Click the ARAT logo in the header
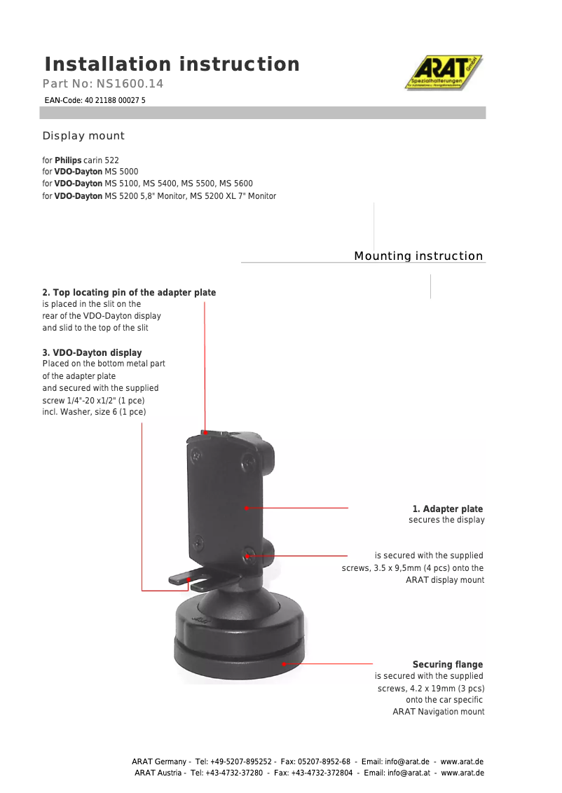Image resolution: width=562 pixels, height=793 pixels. [x=444, y=73]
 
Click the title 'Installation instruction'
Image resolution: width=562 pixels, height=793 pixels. [x=172, y=64]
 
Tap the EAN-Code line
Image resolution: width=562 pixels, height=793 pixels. [x=95, y=100]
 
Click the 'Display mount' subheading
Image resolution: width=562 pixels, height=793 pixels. [x=83, y=136]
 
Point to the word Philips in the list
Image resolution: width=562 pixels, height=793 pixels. [x=68, y=160]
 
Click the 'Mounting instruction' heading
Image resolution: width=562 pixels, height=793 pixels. [x=418, y=256]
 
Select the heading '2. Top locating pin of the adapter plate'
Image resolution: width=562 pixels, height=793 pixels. [x=129, y=293]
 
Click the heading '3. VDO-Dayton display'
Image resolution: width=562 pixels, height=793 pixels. [x=92, y=353]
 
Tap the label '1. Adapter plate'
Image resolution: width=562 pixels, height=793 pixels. [x=447, y=509]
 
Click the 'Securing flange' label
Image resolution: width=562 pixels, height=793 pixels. [x=447, y=665]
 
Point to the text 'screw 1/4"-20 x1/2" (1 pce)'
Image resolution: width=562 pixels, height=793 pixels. [x=93, y=400]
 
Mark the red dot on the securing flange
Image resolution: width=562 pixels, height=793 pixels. [x=284, y=663]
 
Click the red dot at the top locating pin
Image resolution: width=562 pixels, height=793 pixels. [x=205, y=433]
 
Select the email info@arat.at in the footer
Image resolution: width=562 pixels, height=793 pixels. [x=411, y=773]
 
